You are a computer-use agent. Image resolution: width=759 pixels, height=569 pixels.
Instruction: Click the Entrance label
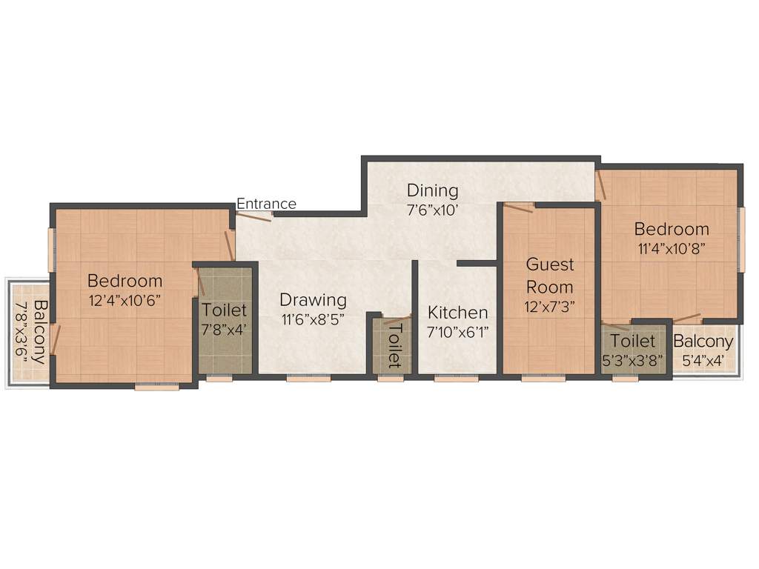(x=266, y=204)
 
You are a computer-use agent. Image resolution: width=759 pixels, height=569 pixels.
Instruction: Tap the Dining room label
(x=432, y=190)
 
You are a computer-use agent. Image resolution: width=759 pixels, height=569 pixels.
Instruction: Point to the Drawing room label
(x=313, y=300)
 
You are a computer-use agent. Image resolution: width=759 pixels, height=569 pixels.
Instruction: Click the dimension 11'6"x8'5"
(x=313, y=320)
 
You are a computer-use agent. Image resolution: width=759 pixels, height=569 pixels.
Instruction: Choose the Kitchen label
(x=457, y=313)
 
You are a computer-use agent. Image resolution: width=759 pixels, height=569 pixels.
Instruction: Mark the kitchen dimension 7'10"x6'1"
(x=457, y=333)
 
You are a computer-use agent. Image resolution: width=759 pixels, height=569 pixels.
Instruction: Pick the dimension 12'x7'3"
(x=550, y=305)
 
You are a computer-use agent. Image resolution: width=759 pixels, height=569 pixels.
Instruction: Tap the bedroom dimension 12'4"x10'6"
(x=125, y=300)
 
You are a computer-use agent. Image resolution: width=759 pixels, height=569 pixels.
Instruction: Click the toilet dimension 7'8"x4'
(x=224, y=330)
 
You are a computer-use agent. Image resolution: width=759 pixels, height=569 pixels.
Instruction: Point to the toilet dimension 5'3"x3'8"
(x=632, y=361)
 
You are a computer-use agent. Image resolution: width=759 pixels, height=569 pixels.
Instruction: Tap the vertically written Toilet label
(x=394, y=345)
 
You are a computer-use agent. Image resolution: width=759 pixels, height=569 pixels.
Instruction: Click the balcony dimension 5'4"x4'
(x=703, y=361)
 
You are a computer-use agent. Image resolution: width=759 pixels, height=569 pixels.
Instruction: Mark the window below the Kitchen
(x=456, y=378)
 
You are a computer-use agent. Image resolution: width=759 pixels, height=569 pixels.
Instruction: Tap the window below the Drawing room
(x=308, y=378)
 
